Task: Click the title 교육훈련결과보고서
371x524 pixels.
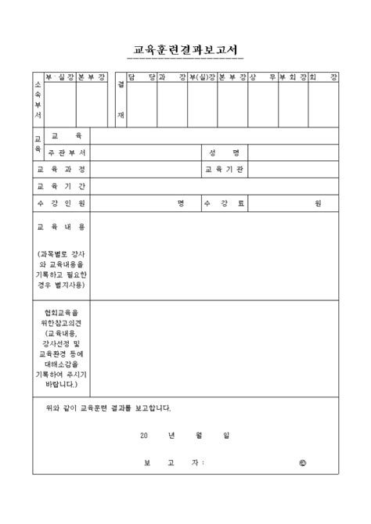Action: [x=185, y=49]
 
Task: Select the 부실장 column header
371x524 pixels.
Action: [x=60, y=77]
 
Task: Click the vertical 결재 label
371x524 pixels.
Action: [x=120, y=98]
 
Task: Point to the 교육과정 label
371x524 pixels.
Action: [x=62, y=169]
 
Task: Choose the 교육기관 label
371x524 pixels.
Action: [x=224, y=169]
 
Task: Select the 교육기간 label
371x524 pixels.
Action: [x=62, y=186]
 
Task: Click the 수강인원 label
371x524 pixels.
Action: [x=62, y=203]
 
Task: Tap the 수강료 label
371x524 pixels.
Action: [x=224, y=203]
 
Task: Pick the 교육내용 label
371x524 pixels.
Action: [x=62, y=227]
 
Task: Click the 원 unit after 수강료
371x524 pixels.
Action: [x=318, y=203]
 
